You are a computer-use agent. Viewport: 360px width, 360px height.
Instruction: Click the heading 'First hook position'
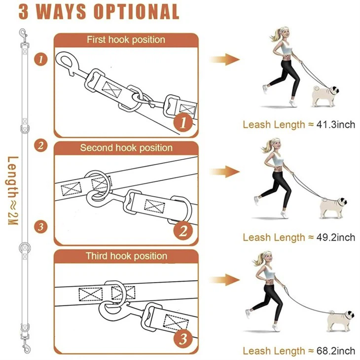tap(126, 39)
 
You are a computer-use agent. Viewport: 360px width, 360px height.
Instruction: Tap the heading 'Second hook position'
tap(126, 148)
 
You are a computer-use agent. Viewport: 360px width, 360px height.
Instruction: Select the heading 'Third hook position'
tap(126, 256)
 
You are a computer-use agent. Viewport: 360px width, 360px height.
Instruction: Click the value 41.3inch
tap(335, 124)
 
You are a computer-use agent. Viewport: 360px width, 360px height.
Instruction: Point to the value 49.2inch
tap(335, 237)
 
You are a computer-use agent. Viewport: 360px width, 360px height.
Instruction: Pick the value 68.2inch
tap(335, 351)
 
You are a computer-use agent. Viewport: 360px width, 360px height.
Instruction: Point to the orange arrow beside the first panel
tap(224, 60)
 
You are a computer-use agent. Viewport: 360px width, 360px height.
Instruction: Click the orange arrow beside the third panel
tap(224, 280)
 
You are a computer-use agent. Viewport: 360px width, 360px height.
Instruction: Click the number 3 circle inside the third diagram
tap(183, 339)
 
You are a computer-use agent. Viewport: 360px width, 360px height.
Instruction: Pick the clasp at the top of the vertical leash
tap(23, 35)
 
